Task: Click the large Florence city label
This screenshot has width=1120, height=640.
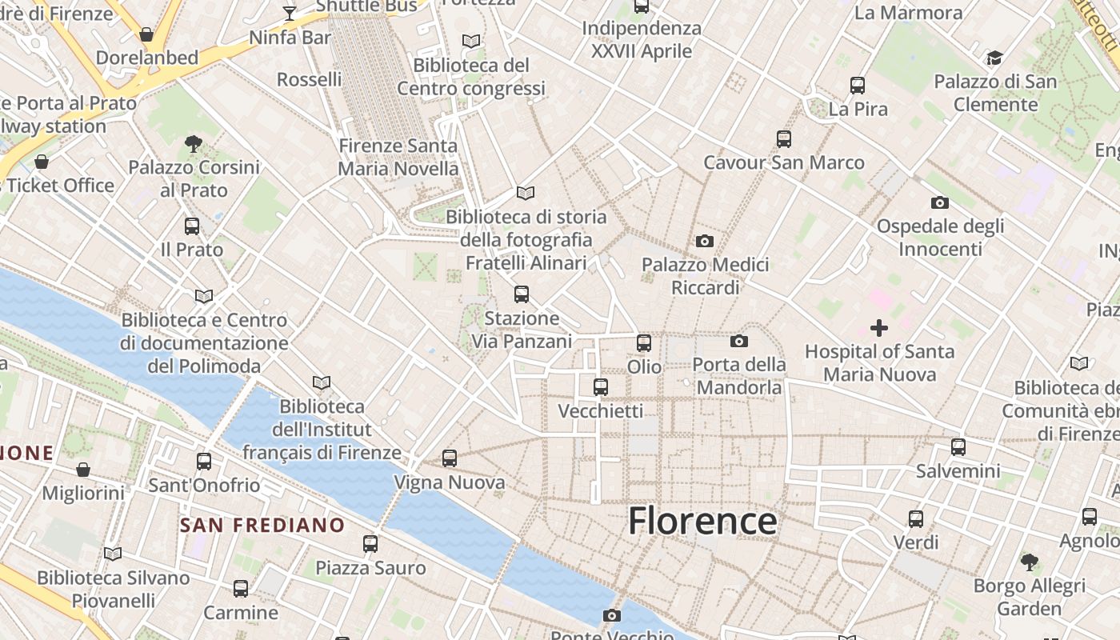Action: tap(702, 521)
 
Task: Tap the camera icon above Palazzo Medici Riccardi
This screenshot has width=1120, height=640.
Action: tap(705, 241)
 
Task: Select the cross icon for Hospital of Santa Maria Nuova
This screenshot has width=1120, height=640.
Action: tap(879, 328)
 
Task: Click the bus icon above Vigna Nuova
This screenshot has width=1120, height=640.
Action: tap(450, 458)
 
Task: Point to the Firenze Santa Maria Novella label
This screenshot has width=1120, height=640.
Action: tap(398, 157)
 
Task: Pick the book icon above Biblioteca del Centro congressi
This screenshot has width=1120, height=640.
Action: tap(471, 41)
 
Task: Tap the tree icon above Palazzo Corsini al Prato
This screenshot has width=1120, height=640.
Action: tap(193, 144)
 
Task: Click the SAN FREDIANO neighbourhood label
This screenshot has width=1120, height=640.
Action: tap(262, 526)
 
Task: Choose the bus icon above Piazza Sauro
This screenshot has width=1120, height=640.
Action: tap(370, 544)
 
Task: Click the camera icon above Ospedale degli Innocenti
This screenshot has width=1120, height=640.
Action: tap(940, 203)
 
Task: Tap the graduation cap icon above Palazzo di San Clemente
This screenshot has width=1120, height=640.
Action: tap(994, 58)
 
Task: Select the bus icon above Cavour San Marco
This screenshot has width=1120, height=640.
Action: tap(784, 139)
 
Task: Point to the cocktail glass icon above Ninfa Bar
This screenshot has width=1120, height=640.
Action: tap(290, 14)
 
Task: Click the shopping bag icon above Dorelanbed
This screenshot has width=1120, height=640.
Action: tap(146, 34)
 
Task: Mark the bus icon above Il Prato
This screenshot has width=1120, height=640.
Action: tap(192, 226)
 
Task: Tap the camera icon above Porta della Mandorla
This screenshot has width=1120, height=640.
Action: tap(739, 342)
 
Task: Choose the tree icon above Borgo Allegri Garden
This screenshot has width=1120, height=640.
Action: tap(1030, 562)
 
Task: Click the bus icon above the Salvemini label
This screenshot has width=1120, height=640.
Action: tap(958, 447)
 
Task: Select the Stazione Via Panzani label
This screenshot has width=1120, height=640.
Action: tap(522, 330)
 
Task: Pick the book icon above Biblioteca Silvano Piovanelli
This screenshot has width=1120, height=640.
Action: tap(113, 554)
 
